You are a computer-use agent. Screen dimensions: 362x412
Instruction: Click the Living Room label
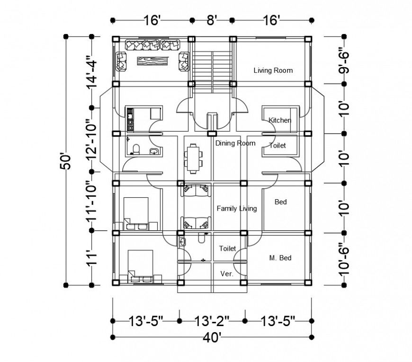click(x=273, y=71)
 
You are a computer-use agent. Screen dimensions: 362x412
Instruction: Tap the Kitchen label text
click(x=279, y=120)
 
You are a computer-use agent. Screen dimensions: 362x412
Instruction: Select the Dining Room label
click(x=235, y=143)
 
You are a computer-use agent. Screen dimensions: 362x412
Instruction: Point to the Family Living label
click(x=236, y=208)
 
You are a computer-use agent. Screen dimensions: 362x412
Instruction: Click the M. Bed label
click(x=280, y=258)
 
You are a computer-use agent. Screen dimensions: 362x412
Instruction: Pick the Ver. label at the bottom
click(x=227, y=274)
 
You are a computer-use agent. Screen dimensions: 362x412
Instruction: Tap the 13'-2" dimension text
click(x=212, y=321)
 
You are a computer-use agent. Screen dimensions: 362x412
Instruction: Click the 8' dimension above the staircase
click(x=212, y=20)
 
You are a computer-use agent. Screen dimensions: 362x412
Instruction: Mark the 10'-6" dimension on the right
click(x=344, y=259)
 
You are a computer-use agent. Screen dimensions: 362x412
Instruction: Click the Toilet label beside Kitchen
click(x=278, y=146)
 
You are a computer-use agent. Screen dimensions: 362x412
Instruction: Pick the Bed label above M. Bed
click(x=281, y=202)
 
